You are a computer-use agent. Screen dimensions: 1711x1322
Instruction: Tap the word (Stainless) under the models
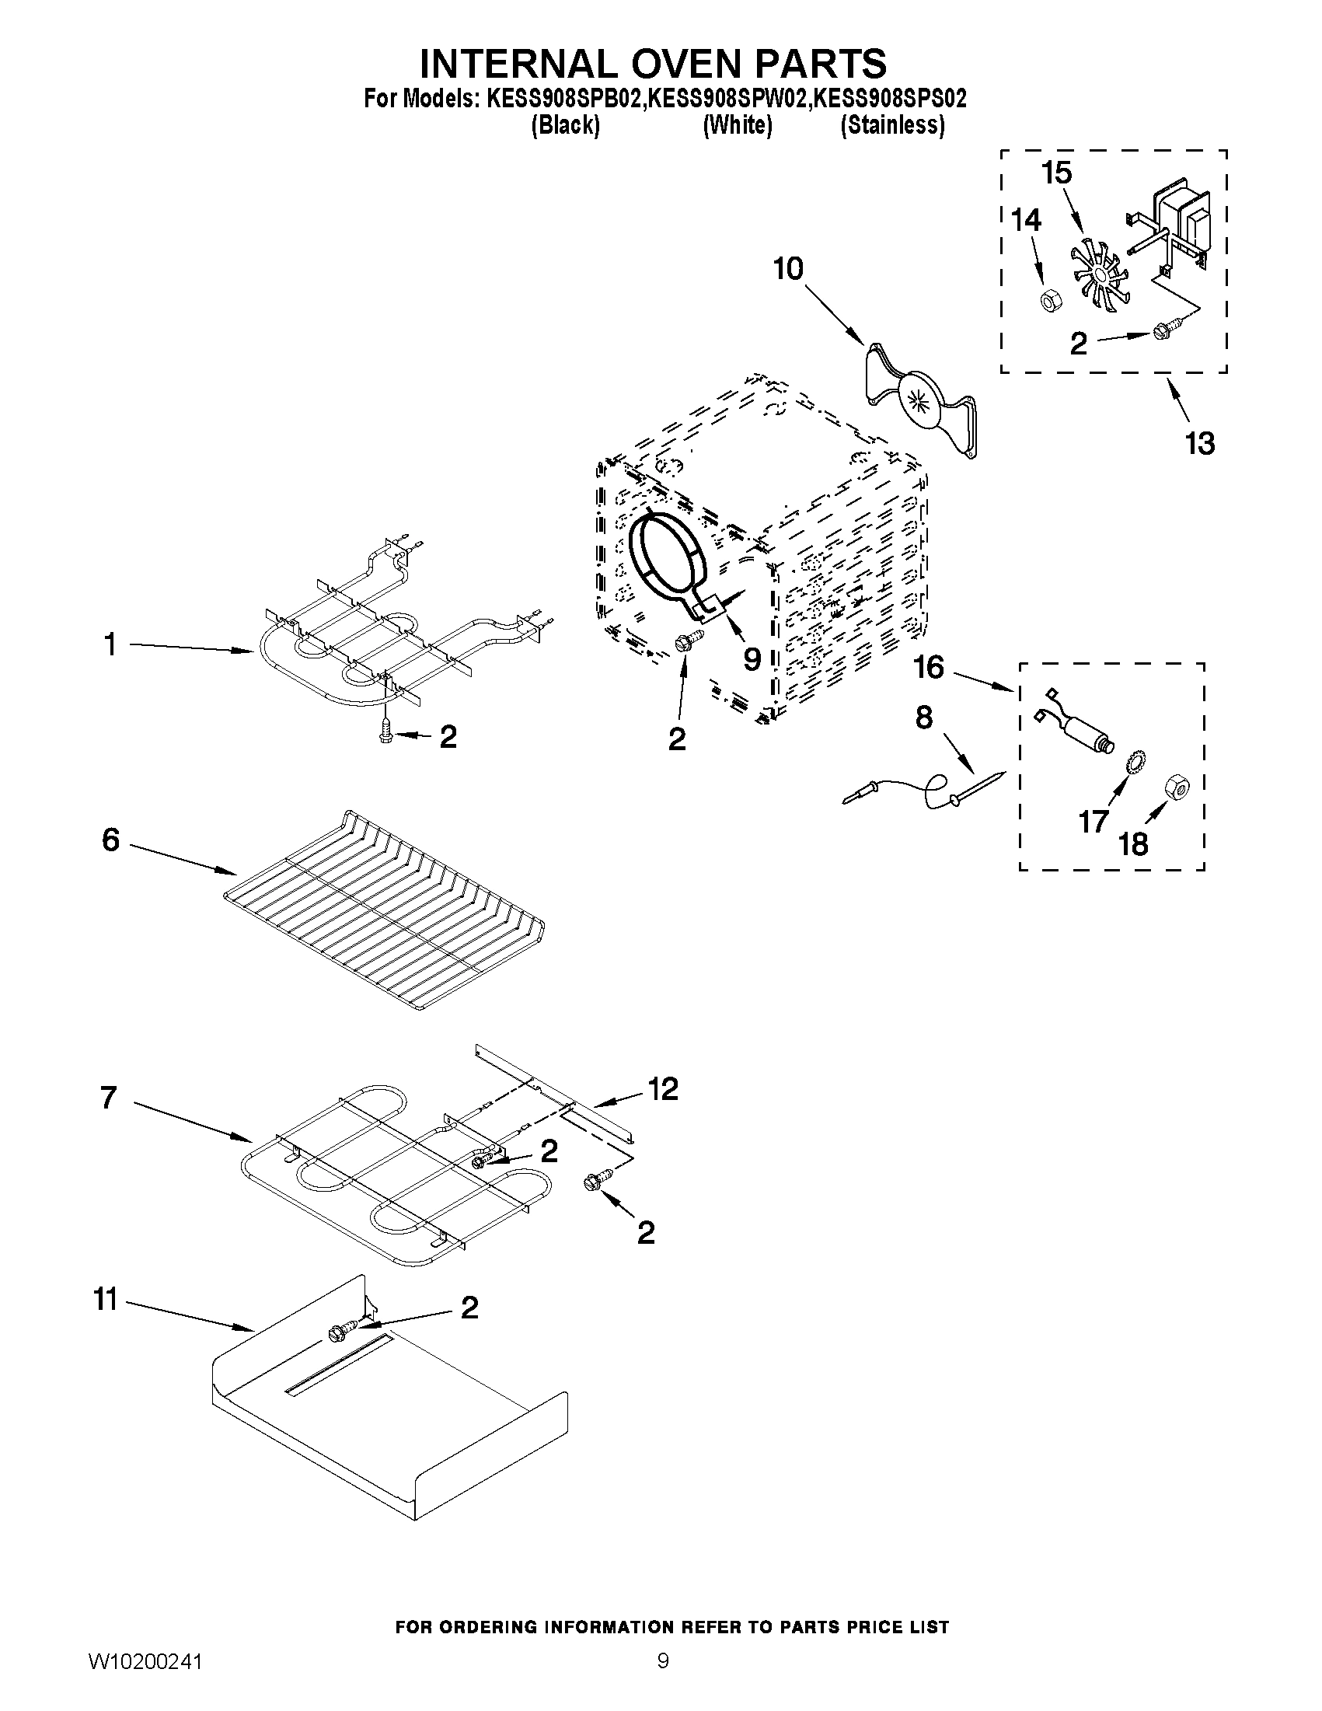892,125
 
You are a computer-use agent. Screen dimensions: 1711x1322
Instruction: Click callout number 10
788,269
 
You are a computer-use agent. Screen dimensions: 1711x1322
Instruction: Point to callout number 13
1199,443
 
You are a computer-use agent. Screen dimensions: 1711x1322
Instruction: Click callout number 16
929,668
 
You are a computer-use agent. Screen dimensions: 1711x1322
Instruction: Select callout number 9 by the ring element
751,659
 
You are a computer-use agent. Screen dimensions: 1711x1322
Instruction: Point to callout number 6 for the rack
111,840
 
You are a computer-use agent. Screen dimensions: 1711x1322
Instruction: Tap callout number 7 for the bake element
109,1098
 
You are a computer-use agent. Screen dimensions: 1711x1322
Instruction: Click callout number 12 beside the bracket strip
664,1089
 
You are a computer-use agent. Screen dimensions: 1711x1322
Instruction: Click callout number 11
106,1300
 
